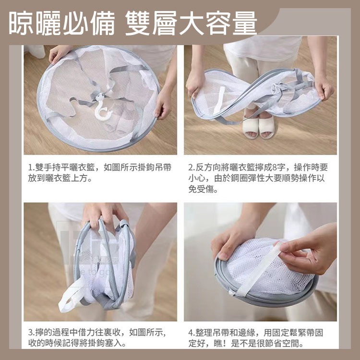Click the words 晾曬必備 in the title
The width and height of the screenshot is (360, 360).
coord(62,23)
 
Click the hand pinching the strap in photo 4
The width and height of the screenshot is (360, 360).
coord(307,250)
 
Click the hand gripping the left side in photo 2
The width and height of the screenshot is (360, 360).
coord(196,82)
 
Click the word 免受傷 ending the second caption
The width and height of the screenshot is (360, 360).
coord(203,190)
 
